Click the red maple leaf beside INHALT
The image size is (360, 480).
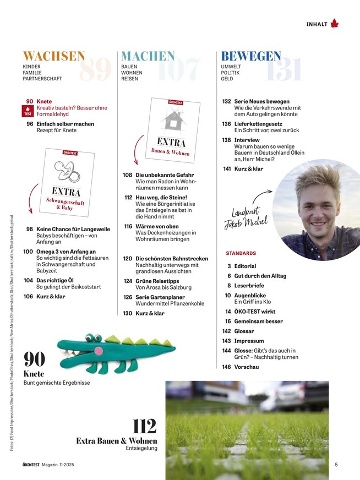335,24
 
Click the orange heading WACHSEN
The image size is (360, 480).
53,57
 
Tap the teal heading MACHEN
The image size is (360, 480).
148,57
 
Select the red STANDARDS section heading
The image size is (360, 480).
241,253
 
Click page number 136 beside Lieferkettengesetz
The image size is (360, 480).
226,124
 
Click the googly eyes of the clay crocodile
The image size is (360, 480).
93,337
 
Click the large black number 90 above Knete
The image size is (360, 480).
34,361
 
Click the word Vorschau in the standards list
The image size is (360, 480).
246,367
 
